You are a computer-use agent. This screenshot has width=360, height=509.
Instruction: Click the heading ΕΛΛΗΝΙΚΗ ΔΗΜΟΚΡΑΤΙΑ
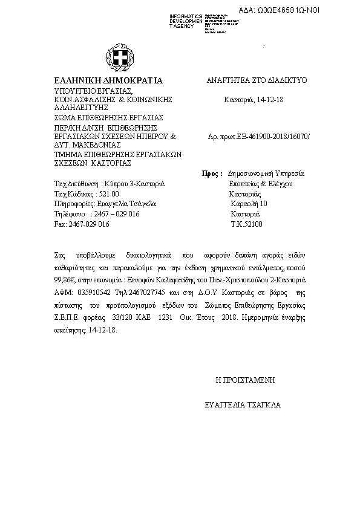point(108,80)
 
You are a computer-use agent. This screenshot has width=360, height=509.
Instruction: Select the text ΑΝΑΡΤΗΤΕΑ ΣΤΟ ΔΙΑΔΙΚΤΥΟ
point(258,80)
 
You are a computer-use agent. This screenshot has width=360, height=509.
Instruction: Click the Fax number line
point(82,224)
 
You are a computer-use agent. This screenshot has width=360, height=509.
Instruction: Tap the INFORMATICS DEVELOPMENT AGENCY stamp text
point(187,21)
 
